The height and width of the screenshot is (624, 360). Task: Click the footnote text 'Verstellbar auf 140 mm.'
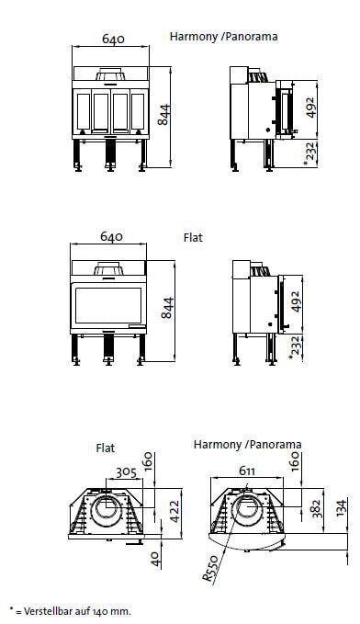pyautogui.click(x=73, y=610)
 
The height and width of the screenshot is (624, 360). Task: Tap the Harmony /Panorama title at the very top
pyautogui.click(x=223, y=38)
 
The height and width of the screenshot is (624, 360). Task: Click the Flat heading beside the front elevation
pyautogui.click(x=194, y=237)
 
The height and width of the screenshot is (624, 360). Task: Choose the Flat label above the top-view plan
pyautogui.click(x=106, y=448)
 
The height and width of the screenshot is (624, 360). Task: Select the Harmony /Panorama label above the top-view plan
pyautogui.click(x=247, y=445)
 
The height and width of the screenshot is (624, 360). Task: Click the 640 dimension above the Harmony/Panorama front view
pyautogui.click(x=111, y=40)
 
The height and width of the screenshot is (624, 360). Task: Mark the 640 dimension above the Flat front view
pyautogui.click(x=111, y=238)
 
